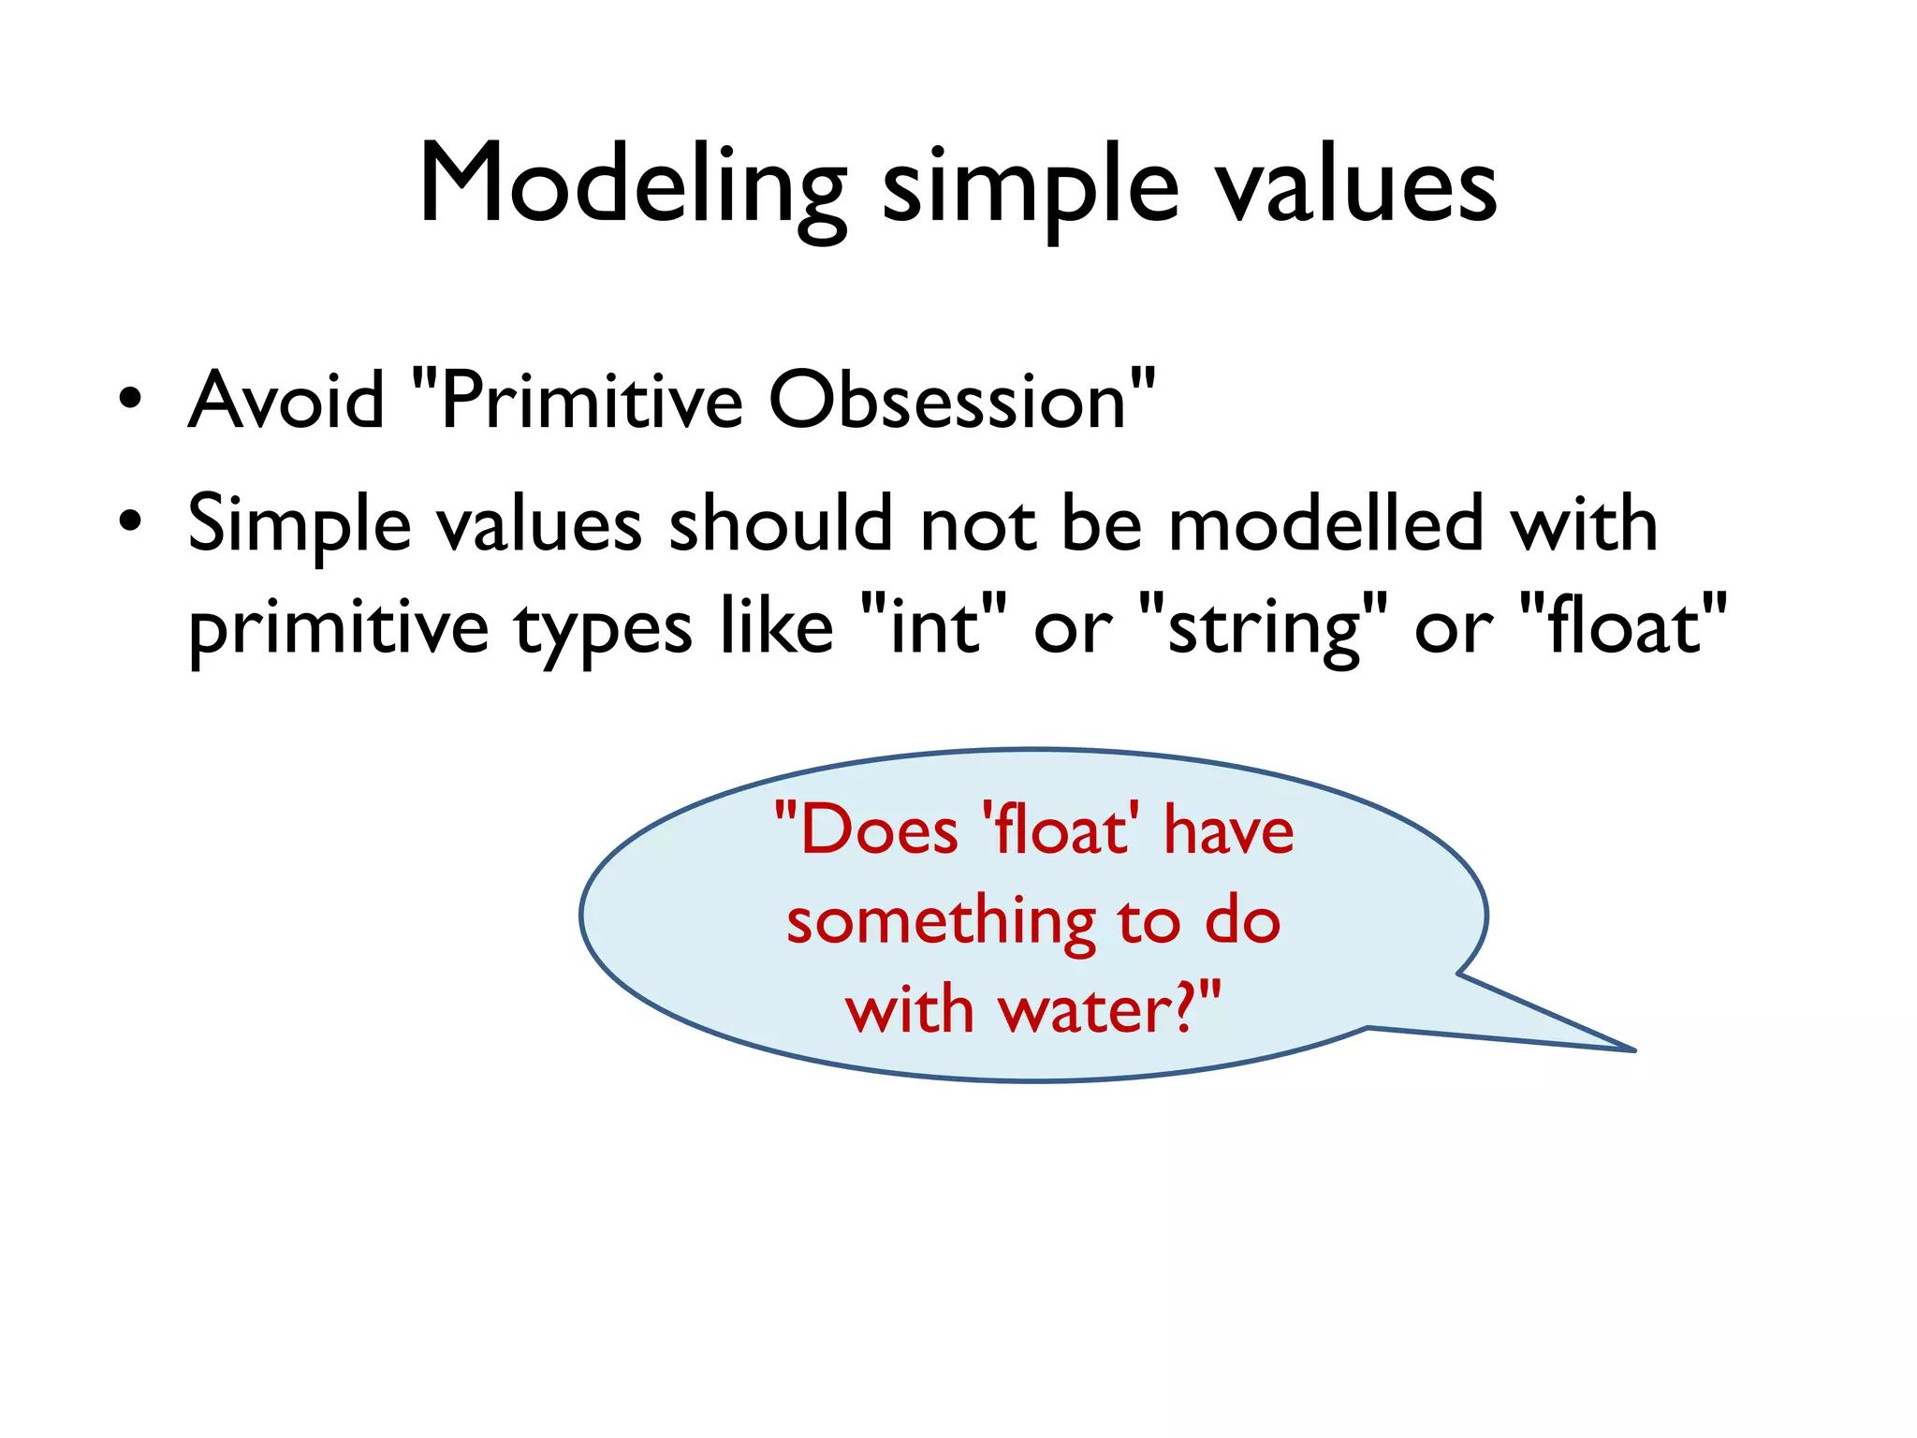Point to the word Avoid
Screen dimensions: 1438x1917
[x=286, y=400]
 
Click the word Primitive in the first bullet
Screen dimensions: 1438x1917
[x=590, y=400]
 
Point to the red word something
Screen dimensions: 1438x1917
[x=941, y=921]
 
